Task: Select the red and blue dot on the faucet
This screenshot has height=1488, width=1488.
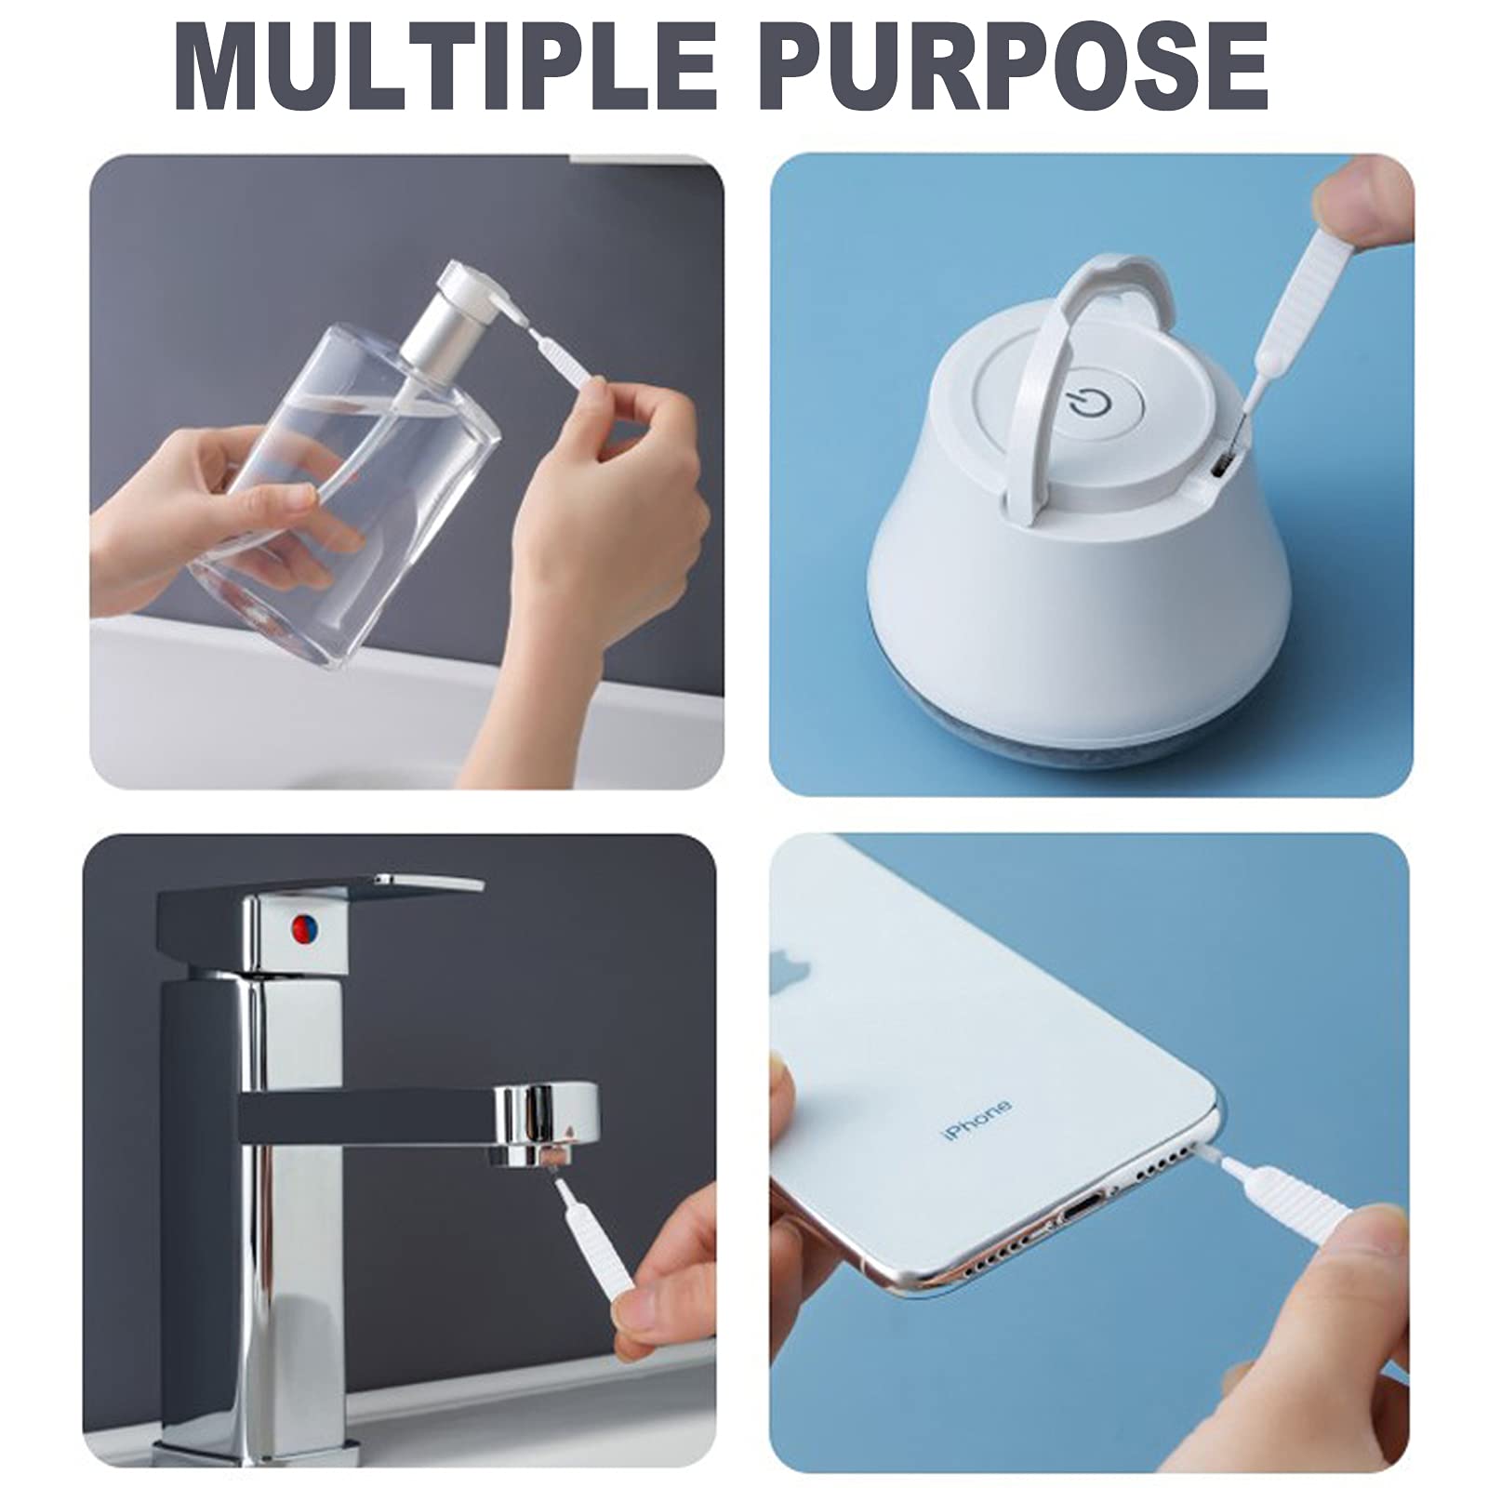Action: point(303,926)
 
